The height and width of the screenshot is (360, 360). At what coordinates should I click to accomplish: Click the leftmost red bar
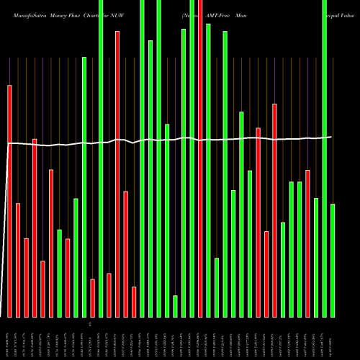[x=10, y=201]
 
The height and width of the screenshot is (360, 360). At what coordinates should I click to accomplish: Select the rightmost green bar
[x=333, y=260]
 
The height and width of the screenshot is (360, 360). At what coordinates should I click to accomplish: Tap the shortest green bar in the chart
[x=175, y=306]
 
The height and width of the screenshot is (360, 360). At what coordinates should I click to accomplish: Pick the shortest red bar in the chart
[x=134, y=302]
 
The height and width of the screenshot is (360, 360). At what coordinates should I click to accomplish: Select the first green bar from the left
[x=60, y=273]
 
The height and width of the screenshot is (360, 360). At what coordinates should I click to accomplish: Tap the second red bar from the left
[x=18, y=260]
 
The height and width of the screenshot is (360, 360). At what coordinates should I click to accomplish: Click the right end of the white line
[x=331, y=137]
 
